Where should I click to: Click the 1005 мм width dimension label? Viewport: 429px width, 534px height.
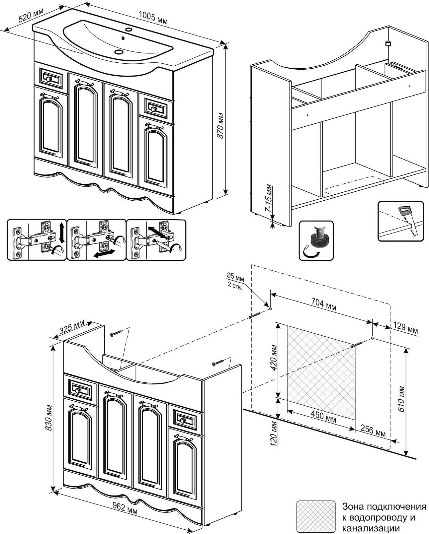tap(153, 17)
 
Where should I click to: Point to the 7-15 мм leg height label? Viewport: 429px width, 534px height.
tap(269, 199)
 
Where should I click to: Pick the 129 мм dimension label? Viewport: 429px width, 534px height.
tap(405, 328)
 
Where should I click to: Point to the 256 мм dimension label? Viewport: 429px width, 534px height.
tap(373, 431)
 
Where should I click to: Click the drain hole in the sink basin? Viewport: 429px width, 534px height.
tap(119, 52)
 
